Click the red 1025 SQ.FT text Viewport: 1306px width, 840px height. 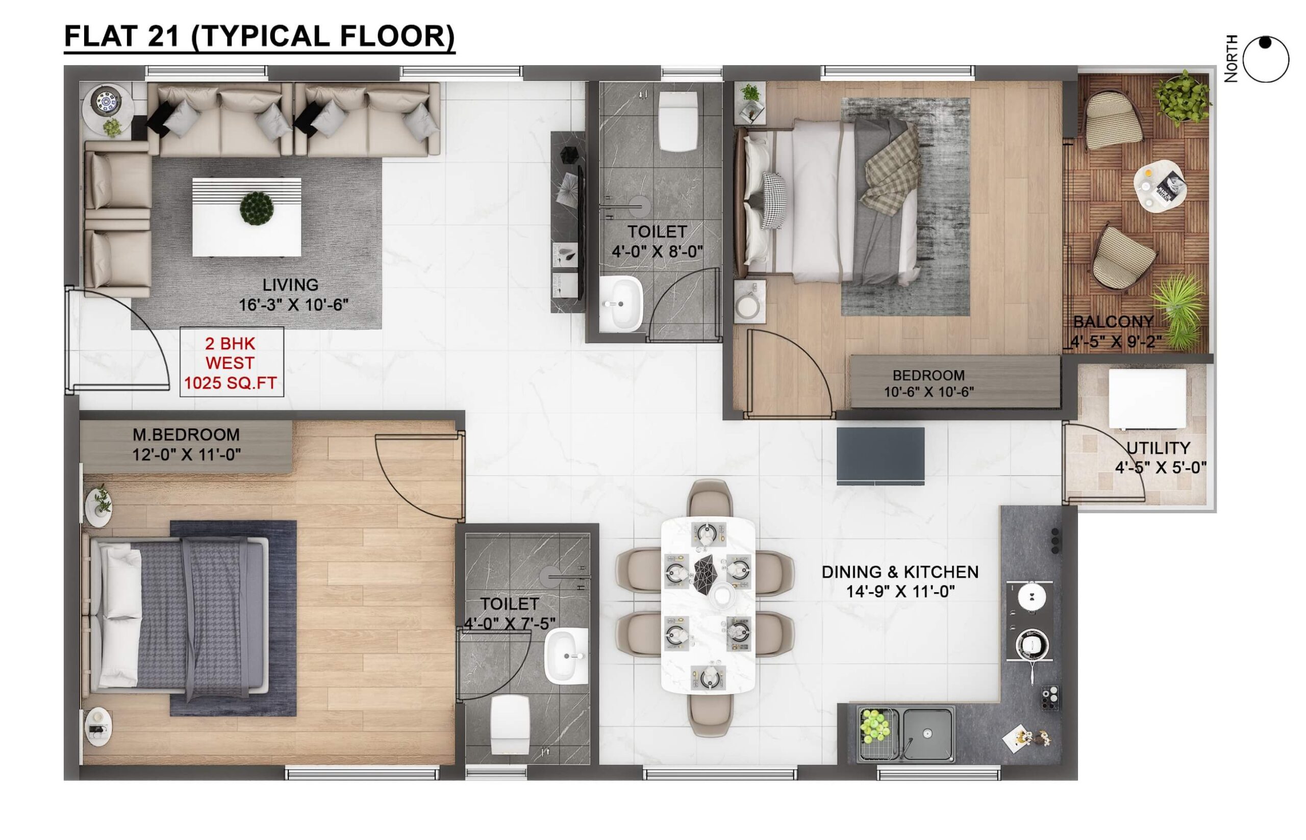[x=230, y=383]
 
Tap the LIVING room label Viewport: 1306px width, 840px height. [x=290, y=285]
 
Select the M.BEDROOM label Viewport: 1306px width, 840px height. [x=186, y=435]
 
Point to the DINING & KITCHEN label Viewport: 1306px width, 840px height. [x=900, y=572]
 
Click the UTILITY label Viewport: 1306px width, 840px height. [x=1158, y=448]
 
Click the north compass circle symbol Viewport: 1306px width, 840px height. [x=1266, y=60]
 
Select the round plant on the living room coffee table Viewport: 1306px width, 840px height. [x=257, y=208]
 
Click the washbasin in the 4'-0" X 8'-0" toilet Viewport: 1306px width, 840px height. [x=621, y=304]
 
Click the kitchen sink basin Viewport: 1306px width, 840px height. [x=927, y=734]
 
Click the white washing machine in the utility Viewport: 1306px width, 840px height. [x=1147, y=399]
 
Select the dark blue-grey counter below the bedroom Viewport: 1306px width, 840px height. [x=881, y=456]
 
